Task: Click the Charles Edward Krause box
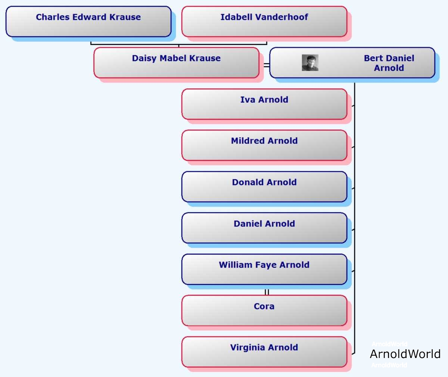click(x=88, y=22)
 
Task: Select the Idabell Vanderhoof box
click(x=264, y=22)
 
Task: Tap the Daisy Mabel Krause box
click(x=176, y=63)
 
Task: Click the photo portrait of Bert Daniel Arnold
click(x=310, y=63)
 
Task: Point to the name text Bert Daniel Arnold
click(x=389, y=63)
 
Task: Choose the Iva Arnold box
click(x=264, y=104)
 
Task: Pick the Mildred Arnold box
click(x=264, y=145)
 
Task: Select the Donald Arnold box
click(x=264, y=187)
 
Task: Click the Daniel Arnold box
click(x=264, y=228)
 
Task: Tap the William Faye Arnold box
click(x=264, y=269)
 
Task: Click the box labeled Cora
click(x=264, y=310)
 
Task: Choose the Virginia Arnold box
click(x=264, y=352)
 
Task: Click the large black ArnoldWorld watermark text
click(x=405, y=354)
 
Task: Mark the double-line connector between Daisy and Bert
click(x=267, y=65)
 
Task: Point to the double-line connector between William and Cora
click(x=267, y=292)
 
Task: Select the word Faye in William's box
click(x=266, y=265)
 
